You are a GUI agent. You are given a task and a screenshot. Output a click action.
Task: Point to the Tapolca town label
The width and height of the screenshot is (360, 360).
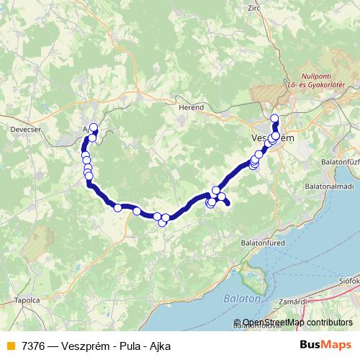(27, 301)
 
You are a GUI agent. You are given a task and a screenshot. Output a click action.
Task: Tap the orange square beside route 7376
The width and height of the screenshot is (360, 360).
(9, 346)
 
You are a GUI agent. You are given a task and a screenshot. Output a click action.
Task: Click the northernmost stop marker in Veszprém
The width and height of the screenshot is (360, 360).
(274, 119)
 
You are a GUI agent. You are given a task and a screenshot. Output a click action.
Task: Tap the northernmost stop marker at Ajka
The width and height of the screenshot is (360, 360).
(93, 127)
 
